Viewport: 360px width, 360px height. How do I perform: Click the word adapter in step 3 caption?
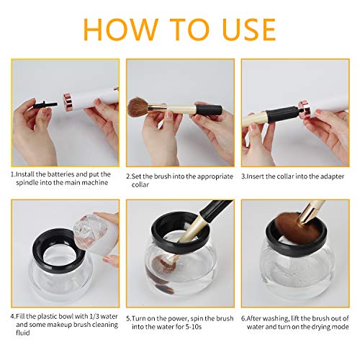[x=325, y=174]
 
